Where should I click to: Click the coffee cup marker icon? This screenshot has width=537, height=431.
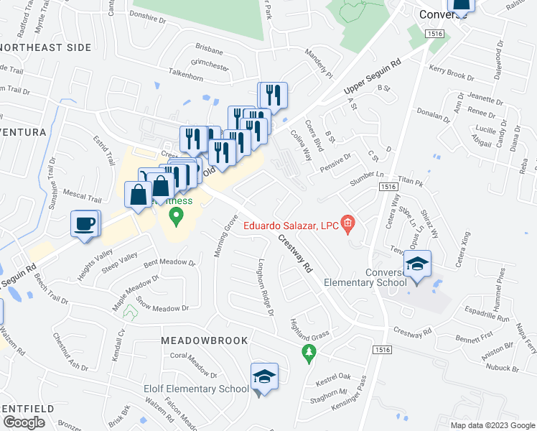(x=84, y=223)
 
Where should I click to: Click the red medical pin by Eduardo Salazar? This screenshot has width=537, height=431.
(x=348, y=226)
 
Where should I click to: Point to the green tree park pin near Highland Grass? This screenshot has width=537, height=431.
(x=309, y=352)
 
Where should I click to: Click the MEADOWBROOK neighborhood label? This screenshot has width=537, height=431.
(x=204, y=340)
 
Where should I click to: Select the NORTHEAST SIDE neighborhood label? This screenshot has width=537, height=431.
(x=46, y=47)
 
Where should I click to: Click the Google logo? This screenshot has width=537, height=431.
(x=24, y=422)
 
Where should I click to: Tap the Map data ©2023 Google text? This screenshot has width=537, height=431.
(x=492, y=425)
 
